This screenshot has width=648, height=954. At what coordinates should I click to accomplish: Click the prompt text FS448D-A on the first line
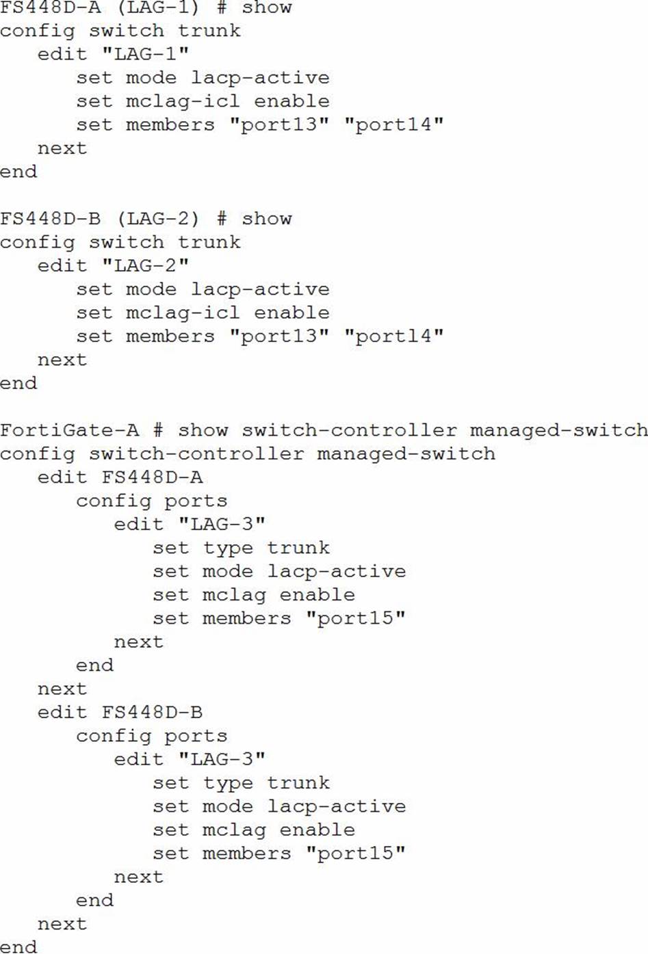(50, 8)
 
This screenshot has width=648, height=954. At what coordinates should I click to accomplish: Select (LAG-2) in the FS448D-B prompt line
(158, 219)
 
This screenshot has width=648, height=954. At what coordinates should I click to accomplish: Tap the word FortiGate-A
(69, 430)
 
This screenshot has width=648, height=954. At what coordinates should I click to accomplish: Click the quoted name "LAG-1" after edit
(145, 54)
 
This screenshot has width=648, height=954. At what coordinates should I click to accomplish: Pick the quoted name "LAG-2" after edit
(145, 265)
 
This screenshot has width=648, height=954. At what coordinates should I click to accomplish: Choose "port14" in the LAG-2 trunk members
(393, 336)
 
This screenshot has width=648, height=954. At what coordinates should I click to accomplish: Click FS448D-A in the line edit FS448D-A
(152, 477)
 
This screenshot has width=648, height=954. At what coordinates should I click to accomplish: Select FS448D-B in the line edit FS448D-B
(152, 713)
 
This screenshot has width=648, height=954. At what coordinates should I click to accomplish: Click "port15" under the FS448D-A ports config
(355, 618)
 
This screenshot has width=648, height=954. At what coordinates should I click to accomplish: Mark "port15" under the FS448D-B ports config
(355, 853)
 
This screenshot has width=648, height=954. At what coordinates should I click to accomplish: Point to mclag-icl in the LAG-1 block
(183, 101)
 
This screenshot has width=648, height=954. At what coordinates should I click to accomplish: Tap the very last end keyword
(18, 947)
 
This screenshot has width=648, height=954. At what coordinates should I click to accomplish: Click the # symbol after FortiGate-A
(158, 430)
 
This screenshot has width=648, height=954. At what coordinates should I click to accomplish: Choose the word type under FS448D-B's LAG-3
(228, 783)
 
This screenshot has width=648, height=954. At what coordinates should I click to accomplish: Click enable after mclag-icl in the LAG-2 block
(291, 313)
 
